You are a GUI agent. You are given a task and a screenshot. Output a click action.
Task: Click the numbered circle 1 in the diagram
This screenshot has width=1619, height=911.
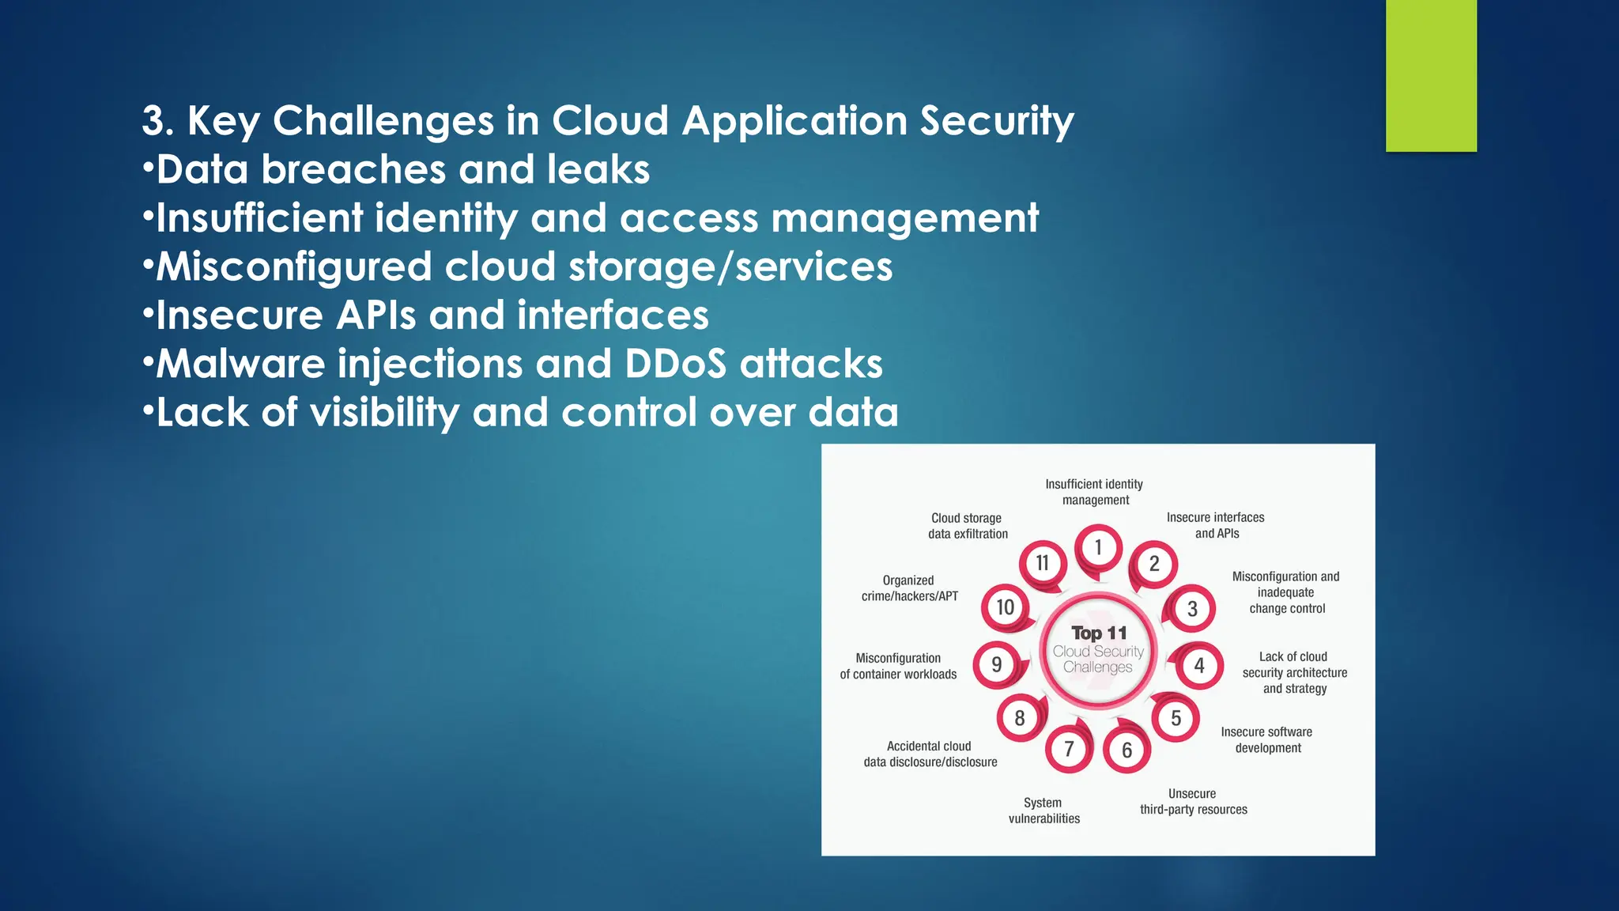(1098, 547)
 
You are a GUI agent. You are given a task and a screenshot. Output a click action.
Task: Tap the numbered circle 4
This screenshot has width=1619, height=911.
(1199, 665)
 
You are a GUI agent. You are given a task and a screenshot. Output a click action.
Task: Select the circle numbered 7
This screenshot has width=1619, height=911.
(1069, 748)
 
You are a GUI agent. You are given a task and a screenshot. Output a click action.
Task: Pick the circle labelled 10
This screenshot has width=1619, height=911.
(1005, 607)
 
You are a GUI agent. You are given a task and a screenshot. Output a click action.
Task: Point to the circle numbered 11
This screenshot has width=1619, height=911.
(1043, 563)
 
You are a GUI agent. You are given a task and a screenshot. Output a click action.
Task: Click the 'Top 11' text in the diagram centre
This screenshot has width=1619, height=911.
(1099, 633)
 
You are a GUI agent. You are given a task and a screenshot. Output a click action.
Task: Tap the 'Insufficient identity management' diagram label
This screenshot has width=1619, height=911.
(1095, 492)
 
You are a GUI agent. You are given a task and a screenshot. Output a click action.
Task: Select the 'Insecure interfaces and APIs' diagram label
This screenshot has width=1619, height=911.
(1216, 525)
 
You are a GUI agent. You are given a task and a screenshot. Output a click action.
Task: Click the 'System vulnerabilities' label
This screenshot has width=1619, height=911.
(1043, 811)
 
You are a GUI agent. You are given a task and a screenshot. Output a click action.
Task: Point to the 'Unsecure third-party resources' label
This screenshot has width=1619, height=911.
(1193, 801)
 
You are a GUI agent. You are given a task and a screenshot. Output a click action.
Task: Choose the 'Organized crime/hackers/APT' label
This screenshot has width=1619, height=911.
(909, 588)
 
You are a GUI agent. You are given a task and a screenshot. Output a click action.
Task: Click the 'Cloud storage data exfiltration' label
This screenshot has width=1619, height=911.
(968, 526)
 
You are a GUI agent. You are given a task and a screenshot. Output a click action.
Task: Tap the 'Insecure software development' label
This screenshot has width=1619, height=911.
(1267, 740)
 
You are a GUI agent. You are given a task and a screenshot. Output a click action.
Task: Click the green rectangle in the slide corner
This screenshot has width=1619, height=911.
(1431, 75)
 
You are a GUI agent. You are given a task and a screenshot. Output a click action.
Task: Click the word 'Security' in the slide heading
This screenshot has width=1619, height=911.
(996, 121)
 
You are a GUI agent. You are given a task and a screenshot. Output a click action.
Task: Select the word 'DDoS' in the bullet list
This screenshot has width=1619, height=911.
(675, 364)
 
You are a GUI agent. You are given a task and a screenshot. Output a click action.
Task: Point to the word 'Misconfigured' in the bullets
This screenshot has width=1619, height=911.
(293, 266)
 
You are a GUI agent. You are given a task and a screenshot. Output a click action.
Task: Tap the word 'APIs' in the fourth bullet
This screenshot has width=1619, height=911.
(376, 316)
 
